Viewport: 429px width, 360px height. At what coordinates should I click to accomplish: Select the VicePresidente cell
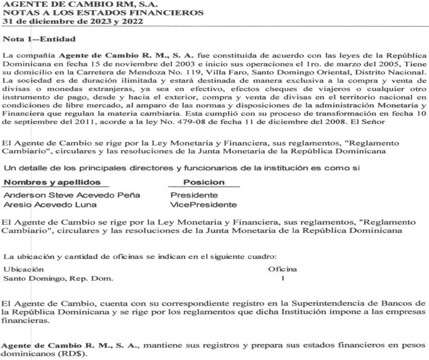click(204, 204)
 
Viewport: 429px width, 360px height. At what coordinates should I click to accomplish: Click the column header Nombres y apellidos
click(52, 182)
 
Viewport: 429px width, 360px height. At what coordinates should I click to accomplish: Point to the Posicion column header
click(204, 182)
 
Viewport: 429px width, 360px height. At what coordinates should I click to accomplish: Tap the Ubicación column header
click(24, 269)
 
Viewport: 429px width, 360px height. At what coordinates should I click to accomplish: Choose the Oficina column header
click(282, 269)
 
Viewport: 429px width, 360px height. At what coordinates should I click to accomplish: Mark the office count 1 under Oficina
click(282, 278)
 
